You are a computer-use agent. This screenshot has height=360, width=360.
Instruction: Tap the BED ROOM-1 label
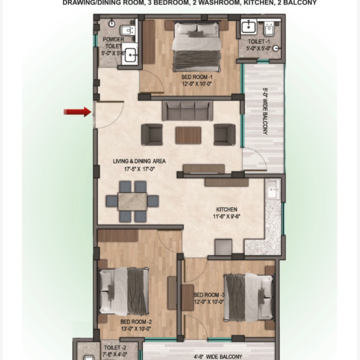[194, 77]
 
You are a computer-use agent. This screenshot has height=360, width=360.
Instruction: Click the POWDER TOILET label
[111, 43]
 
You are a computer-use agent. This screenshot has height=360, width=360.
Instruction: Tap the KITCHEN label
[225, 209]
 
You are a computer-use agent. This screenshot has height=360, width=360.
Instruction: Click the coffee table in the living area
[187, 133]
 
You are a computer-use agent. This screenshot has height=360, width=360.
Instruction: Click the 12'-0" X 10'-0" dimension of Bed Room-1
[194, 83]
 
